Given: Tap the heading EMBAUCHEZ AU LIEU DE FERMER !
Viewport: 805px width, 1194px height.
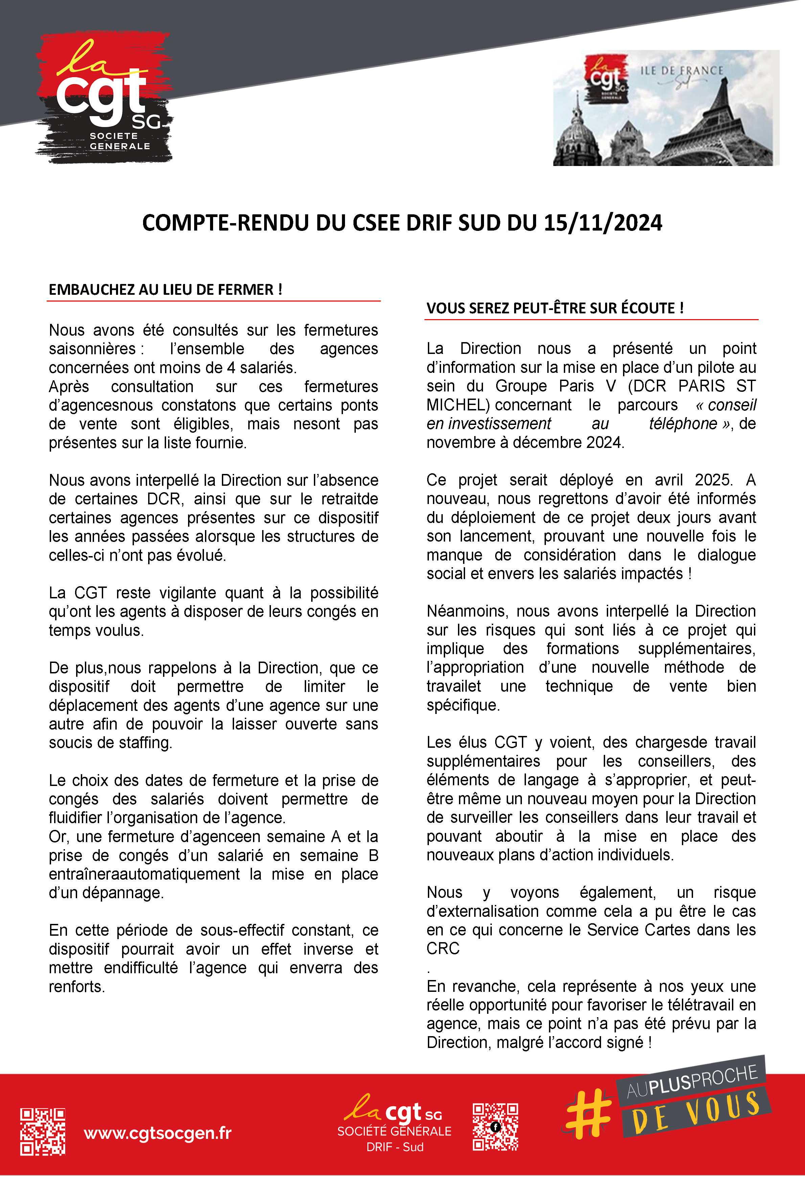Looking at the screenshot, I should tap(165, 290).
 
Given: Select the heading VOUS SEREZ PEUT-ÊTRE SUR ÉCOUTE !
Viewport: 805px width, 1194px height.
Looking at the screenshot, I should tap(554, 308).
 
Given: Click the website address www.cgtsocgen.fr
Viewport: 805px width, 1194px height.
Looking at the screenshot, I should tap(158, 1132).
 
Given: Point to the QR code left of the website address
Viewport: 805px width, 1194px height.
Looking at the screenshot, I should tap(43, 1131).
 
